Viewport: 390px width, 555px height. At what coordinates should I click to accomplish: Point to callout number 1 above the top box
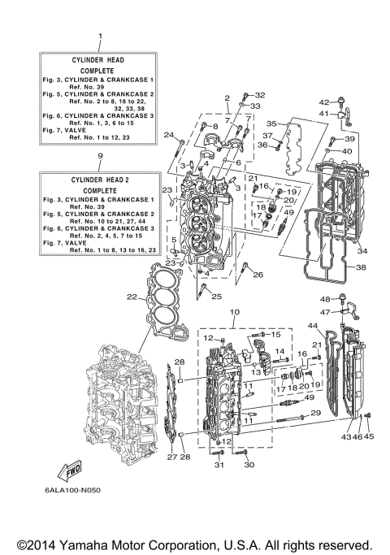99,37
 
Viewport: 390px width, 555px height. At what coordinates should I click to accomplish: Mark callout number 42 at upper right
323,102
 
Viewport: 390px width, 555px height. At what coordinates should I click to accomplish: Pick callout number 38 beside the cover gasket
362,267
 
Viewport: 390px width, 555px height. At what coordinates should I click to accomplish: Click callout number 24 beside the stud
169,134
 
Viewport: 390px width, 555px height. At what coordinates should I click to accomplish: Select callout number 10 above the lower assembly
235,312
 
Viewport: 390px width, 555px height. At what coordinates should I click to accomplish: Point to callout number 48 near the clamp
323,299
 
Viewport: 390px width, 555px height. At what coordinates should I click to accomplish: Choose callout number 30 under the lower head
249,465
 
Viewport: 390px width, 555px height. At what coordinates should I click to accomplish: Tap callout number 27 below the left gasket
172,457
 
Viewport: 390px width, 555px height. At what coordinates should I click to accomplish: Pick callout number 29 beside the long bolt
315,414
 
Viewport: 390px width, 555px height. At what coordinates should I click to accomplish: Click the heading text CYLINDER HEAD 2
99,180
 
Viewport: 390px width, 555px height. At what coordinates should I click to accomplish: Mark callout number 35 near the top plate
272,124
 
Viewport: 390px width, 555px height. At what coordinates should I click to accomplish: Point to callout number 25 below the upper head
216,296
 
